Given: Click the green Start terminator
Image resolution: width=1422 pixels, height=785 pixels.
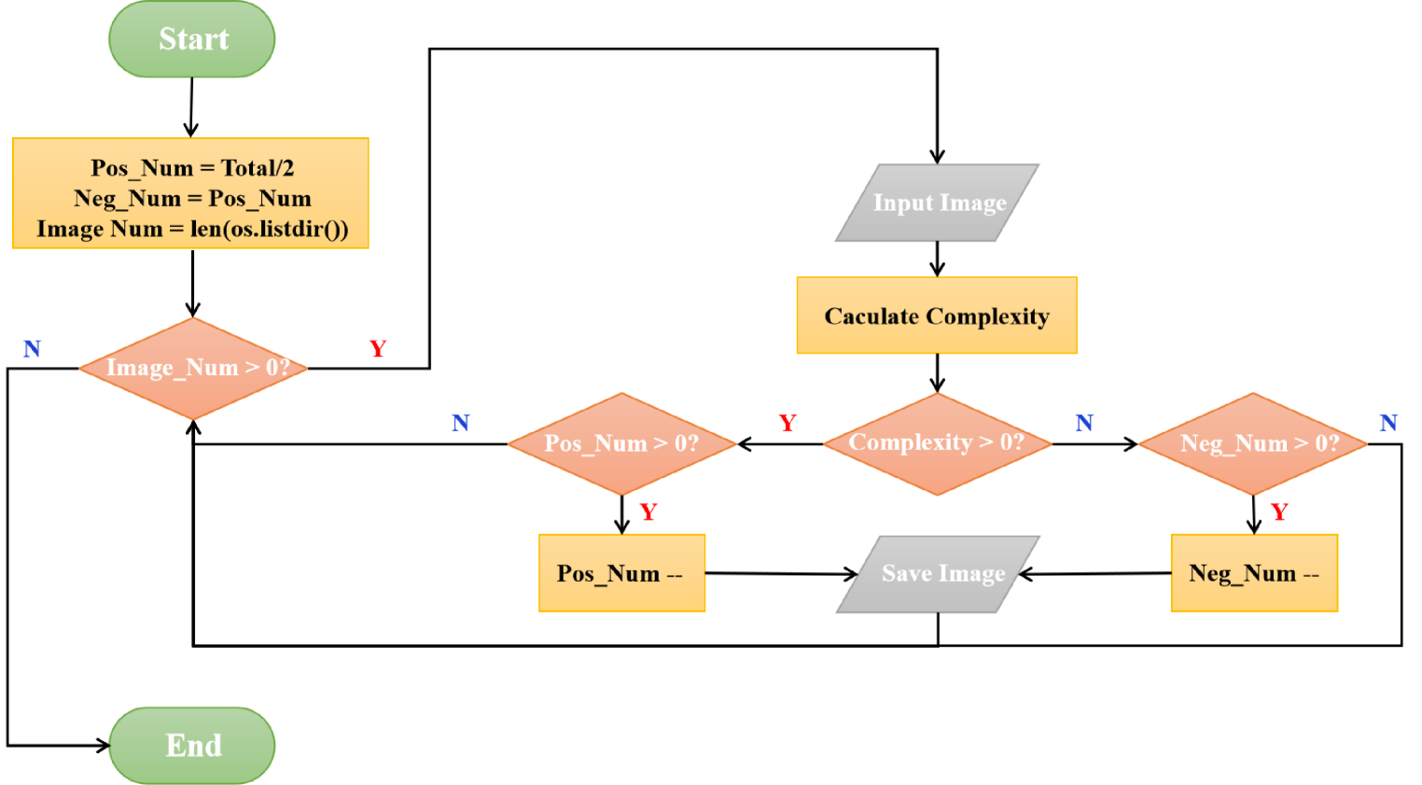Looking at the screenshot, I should coord(192,39).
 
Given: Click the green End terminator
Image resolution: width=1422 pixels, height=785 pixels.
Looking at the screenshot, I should coord(192,745).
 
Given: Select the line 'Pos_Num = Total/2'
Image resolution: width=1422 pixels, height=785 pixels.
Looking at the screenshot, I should coord(192,168).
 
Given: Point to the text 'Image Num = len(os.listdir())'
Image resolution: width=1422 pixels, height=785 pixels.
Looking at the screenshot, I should coord(192,229).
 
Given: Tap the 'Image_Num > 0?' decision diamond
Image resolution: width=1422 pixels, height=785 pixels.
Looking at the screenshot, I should coord(193,368).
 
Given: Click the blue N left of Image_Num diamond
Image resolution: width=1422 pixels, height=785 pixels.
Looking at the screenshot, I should coord(33,349).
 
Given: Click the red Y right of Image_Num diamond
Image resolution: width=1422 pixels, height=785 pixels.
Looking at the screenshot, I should coord(378,349).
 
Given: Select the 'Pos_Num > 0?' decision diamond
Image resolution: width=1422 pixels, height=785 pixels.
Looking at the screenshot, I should coord(621,443).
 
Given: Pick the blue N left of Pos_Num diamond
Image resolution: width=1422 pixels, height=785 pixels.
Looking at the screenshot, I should coord(461,423).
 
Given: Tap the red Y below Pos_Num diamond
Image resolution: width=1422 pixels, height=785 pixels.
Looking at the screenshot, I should coord(648,512).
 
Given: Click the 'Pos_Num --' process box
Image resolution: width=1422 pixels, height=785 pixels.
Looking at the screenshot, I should coord(621,573).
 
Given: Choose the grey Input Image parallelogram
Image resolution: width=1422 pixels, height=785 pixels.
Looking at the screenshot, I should coord(938,203).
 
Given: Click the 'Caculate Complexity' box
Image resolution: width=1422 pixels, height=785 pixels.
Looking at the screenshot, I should coord(937,315).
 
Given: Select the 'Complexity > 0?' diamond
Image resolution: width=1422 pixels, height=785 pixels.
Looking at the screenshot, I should coord(937,443).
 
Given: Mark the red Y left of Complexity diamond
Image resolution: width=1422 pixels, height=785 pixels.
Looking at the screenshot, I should coord(788,423).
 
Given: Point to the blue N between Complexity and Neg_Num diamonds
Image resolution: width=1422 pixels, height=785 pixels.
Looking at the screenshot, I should coord(1083,423).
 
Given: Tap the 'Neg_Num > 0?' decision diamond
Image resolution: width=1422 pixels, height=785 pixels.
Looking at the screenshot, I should coord(1253,443).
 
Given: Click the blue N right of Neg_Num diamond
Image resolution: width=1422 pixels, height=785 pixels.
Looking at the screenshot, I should coord(1388,423).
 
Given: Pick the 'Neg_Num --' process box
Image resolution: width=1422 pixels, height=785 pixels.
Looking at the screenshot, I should coord(1254,573).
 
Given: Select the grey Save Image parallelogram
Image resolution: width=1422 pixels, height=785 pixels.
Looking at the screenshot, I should coord(938,573).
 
